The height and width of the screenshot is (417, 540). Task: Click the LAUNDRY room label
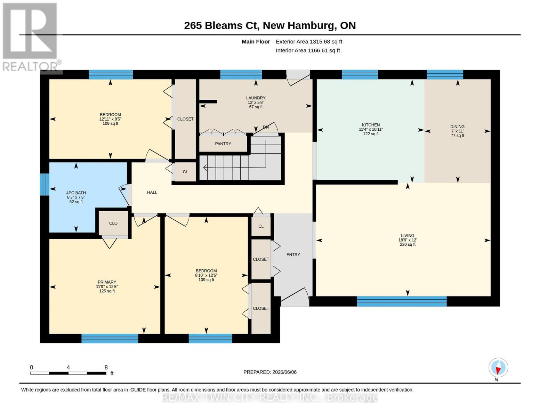pos(256,98)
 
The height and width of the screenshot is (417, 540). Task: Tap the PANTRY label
pos(223,144)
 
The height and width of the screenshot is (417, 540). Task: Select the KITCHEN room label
pos(371,125)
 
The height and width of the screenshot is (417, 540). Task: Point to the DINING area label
pos(457,127)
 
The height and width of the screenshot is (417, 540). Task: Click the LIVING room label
pos(408,236)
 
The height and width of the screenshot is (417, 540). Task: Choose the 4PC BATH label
pos(76,193)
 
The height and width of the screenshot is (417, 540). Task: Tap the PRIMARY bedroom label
pos(107,282)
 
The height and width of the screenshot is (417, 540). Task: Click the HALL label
pos(152,192)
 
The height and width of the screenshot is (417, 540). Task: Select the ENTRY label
pos(293,255)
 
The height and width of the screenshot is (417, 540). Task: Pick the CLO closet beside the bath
pos(113,223)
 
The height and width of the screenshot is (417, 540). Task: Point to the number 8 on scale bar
pos(106,367)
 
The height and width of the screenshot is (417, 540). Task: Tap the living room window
pos(402,301)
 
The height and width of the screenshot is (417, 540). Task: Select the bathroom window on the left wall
pos(45,184)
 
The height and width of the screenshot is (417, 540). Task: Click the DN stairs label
pos(266,127)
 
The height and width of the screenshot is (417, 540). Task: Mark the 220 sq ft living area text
pos(408,244)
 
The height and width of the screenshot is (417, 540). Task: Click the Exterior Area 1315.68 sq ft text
pos(309,42)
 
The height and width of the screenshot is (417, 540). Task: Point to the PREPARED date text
pos(270,372)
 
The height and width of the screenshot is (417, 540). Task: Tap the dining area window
pos(445,74)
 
